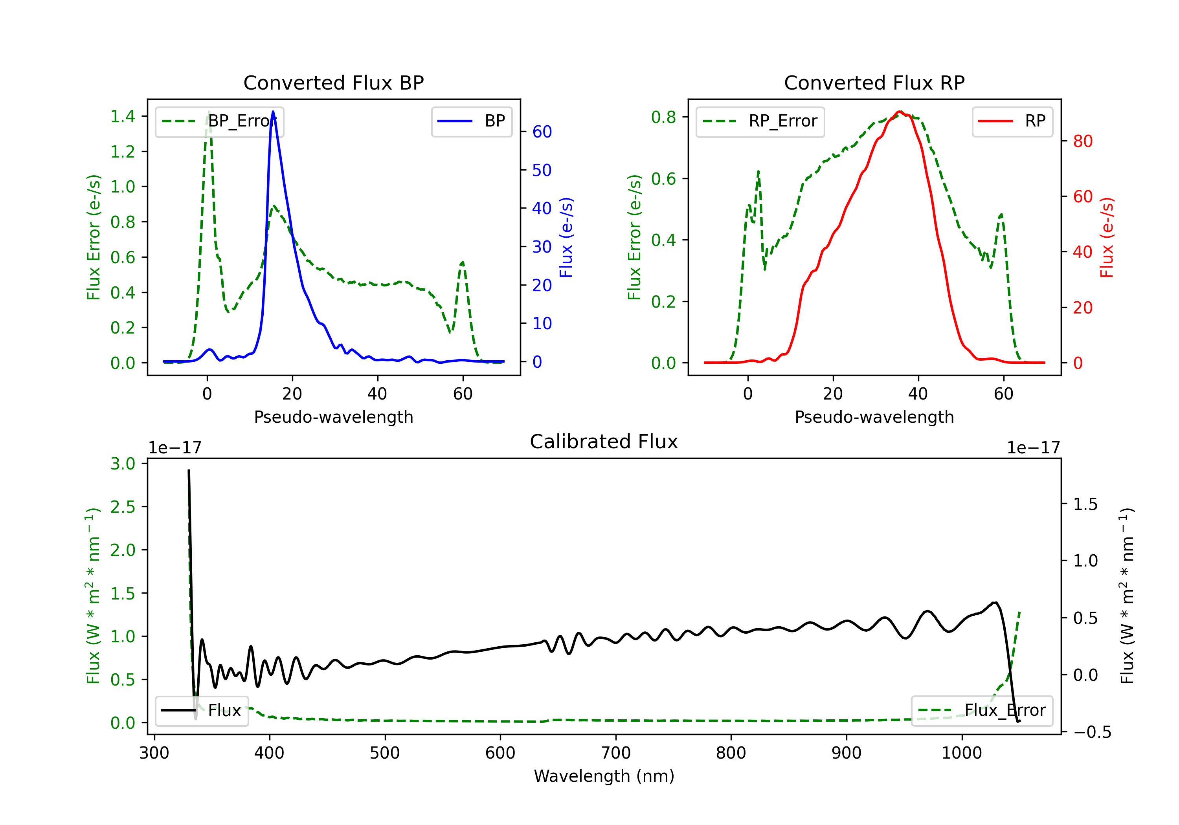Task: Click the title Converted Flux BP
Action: tap(333, 82)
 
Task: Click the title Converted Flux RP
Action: tap(874, 82)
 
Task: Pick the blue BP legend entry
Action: tap(471, 121)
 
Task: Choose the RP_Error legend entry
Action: tap(760, 121)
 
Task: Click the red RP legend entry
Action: tap(1012, 121)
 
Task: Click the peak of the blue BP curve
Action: tap(273, 112)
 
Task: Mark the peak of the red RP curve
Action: tap(900, 112)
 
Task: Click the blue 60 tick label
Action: tap(542, 132)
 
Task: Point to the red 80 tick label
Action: tap(1082, 141)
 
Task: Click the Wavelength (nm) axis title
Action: tap(604, 776)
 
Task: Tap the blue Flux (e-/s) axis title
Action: tap(566, 237)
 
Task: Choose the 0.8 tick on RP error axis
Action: tap(663, 117)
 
